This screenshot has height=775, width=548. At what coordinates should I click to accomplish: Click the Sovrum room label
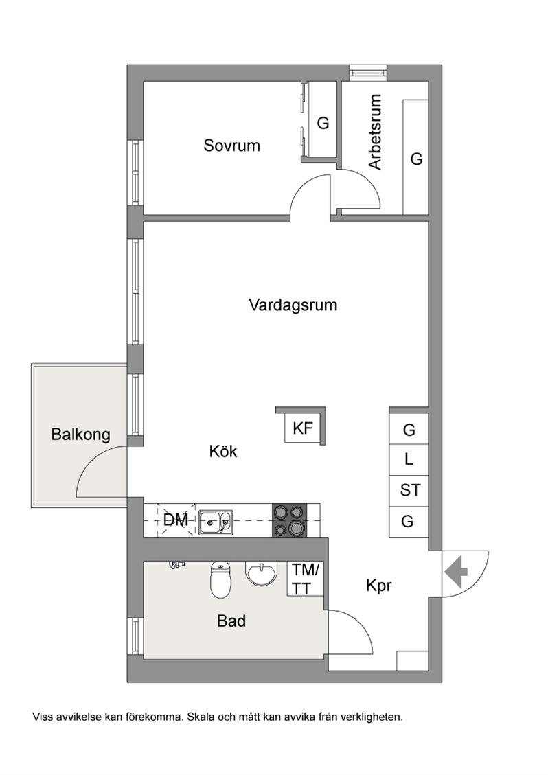click(x=231, y=146)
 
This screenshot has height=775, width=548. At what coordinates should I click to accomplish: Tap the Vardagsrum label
click(x=293, y=305)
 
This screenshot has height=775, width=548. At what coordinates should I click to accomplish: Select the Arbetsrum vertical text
click(x=376, y=132)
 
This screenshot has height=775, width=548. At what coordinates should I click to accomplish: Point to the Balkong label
click(x=80, y=435)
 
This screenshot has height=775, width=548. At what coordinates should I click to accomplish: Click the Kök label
click(x=223, y=451)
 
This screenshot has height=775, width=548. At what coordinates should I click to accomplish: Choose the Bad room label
click(x=231, y=621)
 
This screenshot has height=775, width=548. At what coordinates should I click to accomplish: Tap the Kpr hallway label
click(x=379, y=586)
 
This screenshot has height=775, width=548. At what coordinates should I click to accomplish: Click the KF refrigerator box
click(x=303, y=428)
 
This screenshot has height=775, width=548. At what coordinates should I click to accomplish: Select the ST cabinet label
click(x=410, y=490)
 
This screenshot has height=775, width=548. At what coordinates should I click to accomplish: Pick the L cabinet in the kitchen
click(x=409, y=460)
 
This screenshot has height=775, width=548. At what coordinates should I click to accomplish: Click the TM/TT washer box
click(x=306, y=579)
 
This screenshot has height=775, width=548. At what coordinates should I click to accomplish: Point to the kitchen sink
click(x=216, y=522)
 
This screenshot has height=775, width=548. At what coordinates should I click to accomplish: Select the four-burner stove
click(x=289, y=520)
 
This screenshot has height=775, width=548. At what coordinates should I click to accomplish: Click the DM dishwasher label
click(x=176, y=520)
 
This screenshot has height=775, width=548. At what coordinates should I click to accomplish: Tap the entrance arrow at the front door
click(x=456, y=572)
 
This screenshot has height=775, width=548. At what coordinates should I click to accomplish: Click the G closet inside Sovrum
click(x=323, y=123)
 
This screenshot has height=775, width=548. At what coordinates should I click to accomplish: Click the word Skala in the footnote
click(x=201, y=717)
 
